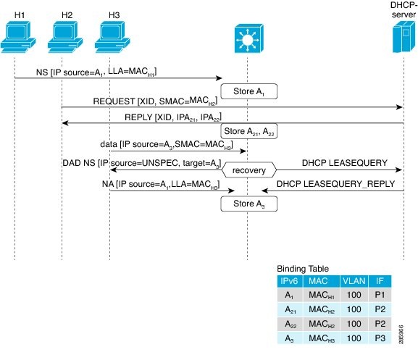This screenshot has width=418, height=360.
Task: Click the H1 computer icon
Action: point(18,37)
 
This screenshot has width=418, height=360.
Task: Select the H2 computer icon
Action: point(65,37)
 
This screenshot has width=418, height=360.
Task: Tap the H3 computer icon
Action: point(112,37)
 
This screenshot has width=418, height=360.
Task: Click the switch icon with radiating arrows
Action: point(249,39)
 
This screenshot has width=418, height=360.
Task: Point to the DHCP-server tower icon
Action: point(404,37)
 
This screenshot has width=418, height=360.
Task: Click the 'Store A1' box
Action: point(249,91)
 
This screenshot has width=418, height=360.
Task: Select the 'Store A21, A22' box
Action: point(249,131)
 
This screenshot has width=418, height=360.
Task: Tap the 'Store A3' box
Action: point(249,204)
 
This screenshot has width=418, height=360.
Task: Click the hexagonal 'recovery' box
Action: point(249,170)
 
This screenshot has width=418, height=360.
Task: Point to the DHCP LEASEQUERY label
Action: point(344,163)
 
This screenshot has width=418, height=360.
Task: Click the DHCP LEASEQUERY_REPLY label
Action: point(335,184)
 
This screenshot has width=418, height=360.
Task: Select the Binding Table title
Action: point(303,269)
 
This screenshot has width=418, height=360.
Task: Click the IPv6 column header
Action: point(290,281)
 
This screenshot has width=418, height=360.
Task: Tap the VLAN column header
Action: point(354,281)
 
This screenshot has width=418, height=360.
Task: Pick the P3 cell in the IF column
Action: point(380,338)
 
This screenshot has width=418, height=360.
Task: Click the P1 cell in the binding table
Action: point(380,295)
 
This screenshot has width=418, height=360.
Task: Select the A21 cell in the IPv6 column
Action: point(290,309)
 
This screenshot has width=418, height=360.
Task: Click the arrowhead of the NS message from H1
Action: point(219,78)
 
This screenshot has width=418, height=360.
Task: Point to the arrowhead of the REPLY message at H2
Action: point(65,123)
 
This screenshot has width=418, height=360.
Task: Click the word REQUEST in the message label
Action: point(114,101)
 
